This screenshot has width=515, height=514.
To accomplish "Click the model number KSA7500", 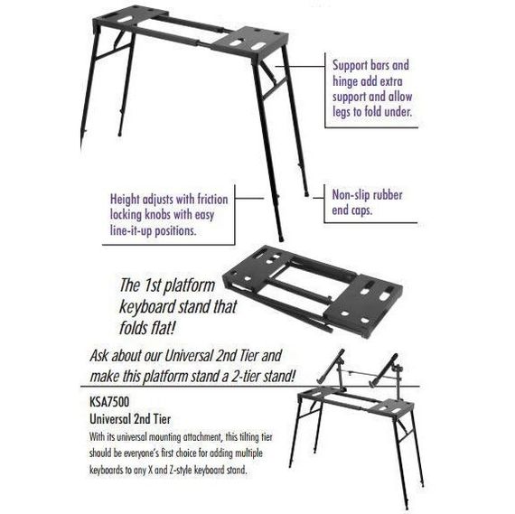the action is coord(109,402).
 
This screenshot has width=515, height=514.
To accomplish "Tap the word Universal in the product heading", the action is coord(109,419).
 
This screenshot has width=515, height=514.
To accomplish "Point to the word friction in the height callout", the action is coord(212,200).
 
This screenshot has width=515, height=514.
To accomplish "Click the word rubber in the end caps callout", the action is coord(389,195).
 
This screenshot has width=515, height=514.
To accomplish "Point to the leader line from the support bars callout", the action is coord(300,66).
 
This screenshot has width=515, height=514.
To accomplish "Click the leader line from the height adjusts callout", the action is coord(249,199).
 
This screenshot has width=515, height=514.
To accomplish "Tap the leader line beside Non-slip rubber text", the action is coord(319,198).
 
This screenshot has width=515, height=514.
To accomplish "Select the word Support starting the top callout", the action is coord(350,65).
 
